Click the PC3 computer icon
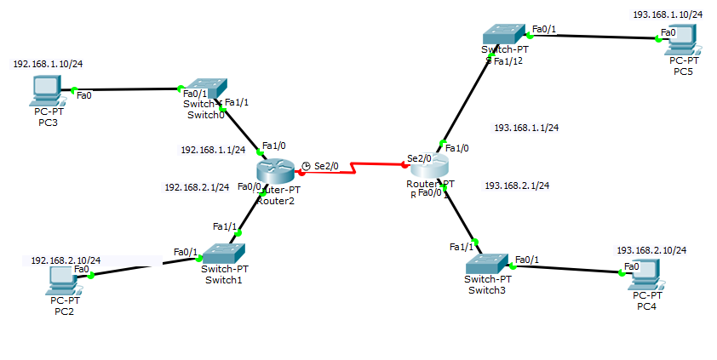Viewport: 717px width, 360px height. click(44, 88)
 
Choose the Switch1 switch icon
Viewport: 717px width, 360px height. click(222, 253)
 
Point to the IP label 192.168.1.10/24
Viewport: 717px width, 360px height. click(48, 64)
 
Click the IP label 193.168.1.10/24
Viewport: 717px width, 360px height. click(668, 14)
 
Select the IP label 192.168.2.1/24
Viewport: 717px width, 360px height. click(197, 186)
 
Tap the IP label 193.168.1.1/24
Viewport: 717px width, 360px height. click(526, 128)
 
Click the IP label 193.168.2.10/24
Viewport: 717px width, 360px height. click(651, 250)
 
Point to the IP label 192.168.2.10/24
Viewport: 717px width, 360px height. click(66, 260)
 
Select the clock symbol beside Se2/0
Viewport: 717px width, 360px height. click(307, 166)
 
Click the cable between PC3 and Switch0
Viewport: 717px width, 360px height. click(128, 89)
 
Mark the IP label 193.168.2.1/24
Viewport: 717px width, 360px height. click(516, 185)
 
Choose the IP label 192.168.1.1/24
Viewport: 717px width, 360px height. click(212, 149)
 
